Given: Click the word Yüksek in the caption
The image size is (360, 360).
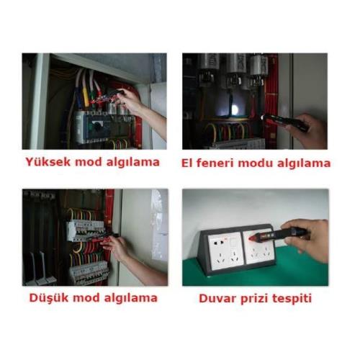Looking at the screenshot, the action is coord(48,161).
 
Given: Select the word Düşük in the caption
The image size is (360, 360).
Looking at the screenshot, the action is coord(49,298).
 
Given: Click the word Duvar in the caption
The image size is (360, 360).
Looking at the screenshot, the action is coord(217,298).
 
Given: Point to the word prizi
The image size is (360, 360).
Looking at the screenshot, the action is coord(254,299).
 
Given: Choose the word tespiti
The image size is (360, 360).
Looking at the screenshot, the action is coord(292,299).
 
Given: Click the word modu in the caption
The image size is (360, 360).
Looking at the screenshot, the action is coord(255,163).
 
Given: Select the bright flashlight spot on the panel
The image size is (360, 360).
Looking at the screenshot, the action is coord(234,110).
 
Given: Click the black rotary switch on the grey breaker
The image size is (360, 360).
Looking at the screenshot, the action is coord(98,125).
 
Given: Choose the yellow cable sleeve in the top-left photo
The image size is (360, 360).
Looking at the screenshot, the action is coord(86,95).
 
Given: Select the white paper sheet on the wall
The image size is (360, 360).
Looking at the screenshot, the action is coord(159,225).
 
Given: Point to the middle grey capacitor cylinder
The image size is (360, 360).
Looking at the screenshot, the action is coord(236,63).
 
